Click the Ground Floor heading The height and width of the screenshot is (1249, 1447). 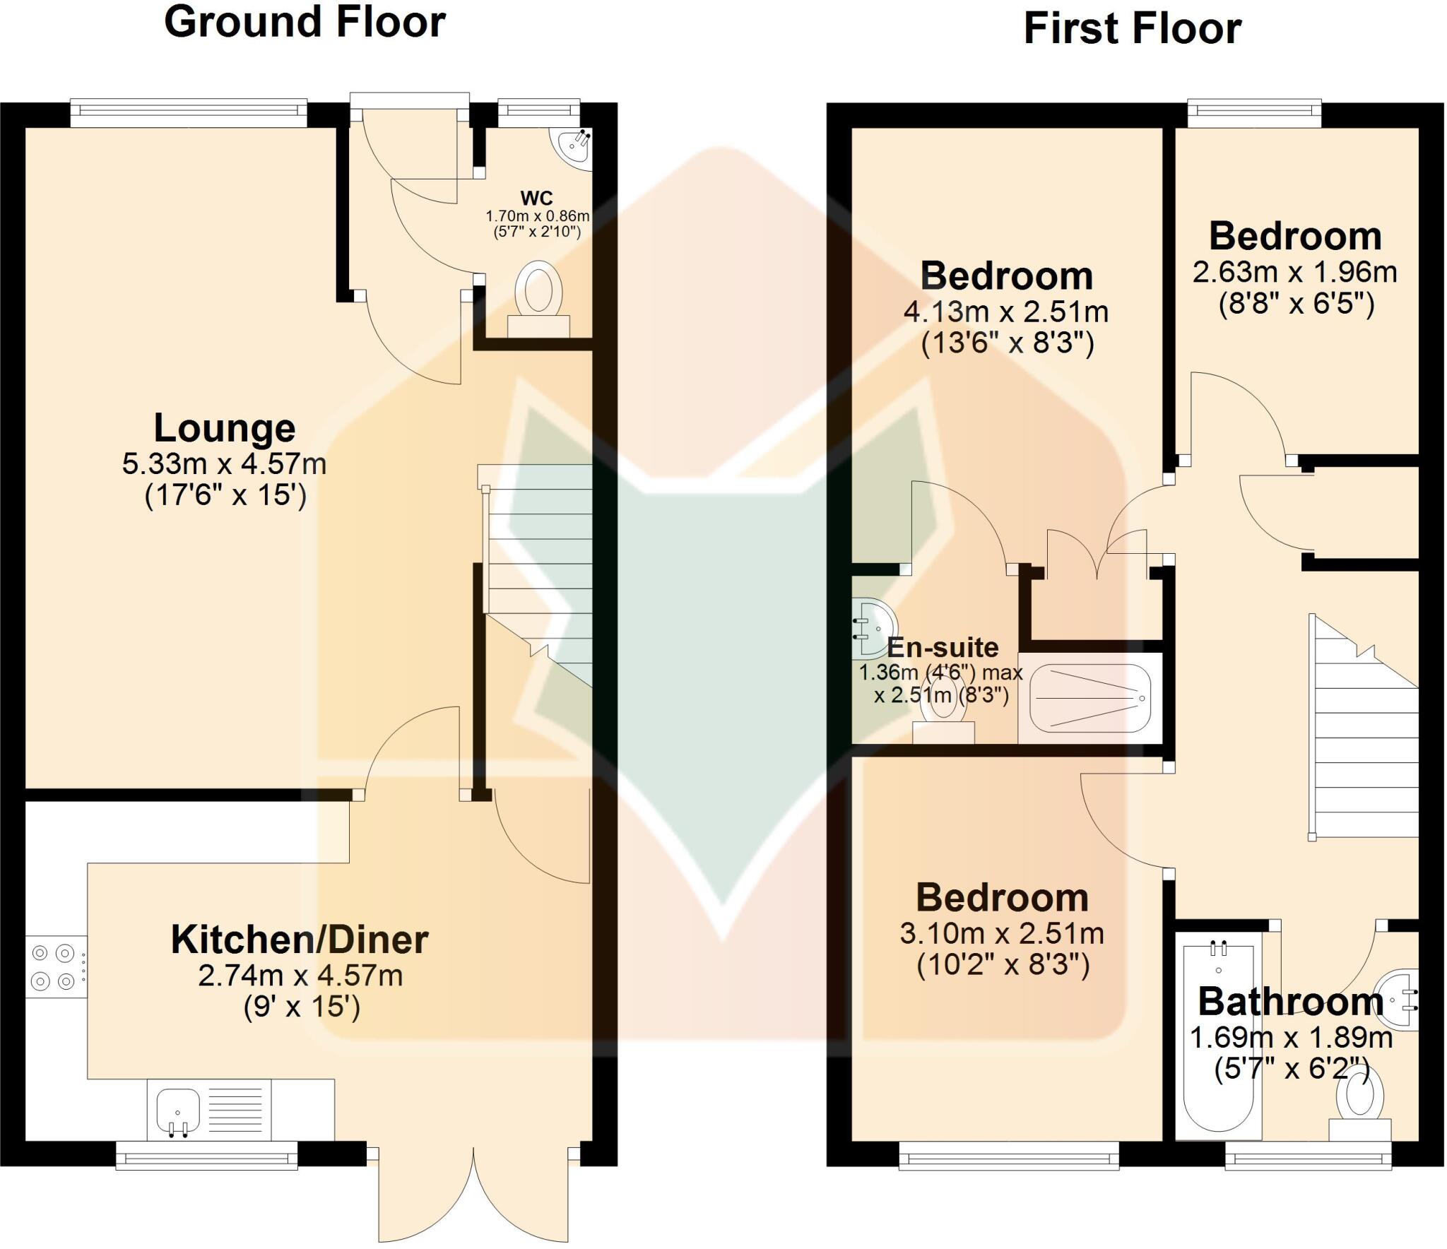coord(305,22)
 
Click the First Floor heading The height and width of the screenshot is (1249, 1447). coord(1132,29)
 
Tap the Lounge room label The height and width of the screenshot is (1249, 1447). coord(225,428)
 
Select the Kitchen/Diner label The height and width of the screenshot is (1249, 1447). coord(300,940)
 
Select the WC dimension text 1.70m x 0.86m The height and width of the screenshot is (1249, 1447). coord(537,215)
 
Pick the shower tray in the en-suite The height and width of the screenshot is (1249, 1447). coord(1090,698)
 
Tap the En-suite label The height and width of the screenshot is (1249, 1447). coord(943,647)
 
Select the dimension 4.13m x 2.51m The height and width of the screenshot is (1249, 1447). coord(1006,312)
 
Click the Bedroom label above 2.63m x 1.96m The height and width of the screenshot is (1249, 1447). coord(1295,236)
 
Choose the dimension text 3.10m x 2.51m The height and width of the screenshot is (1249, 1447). coord(1002,934)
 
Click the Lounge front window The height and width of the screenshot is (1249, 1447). coord(189,112)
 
